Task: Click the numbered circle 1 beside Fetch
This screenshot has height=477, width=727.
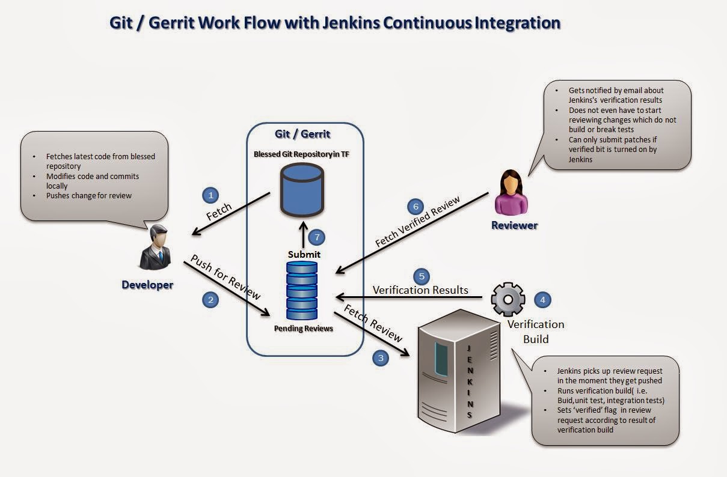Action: pos(210,195)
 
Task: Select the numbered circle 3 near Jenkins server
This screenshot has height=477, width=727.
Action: pos(380,358)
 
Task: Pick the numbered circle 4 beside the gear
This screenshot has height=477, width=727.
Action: pos(542,299)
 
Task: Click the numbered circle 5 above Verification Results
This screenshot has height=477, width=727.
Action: pos(422,276)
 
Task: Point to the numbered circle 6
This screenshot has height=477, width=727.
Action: pos(415,207)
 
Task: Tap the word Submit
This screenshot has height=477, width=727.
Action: pos(304,254)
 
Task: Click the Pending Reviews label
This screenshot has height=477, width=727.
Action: pos(303,328)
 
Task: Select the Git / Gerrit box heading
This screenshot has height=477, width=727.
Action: pos(303,134)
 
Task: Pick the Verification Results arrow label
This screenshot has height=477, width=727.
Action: pos(420,290)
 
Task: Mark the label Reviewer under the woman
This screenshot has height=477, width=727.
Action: pos(514,225)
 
